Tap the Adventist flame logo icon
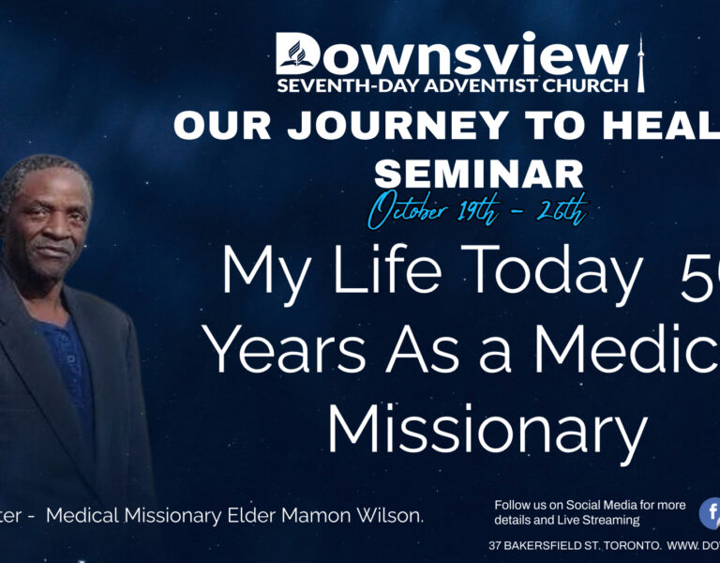[x=298, y=53]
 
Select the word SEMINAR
[x=478, y=174]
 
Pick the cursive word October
[x=410, y=210]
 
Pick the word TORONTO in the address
[x=615, y=545]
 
